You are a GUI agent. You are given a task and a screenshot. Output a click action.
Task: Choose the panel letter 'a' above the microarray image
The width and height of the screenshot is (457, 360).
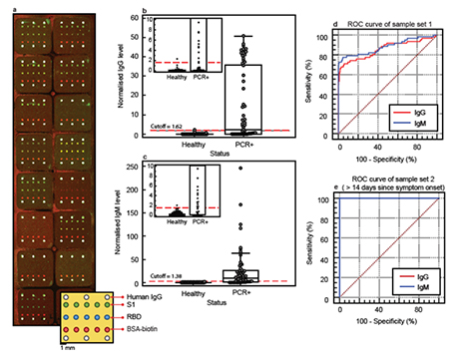pyautogui.click(x=9, y=6)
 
